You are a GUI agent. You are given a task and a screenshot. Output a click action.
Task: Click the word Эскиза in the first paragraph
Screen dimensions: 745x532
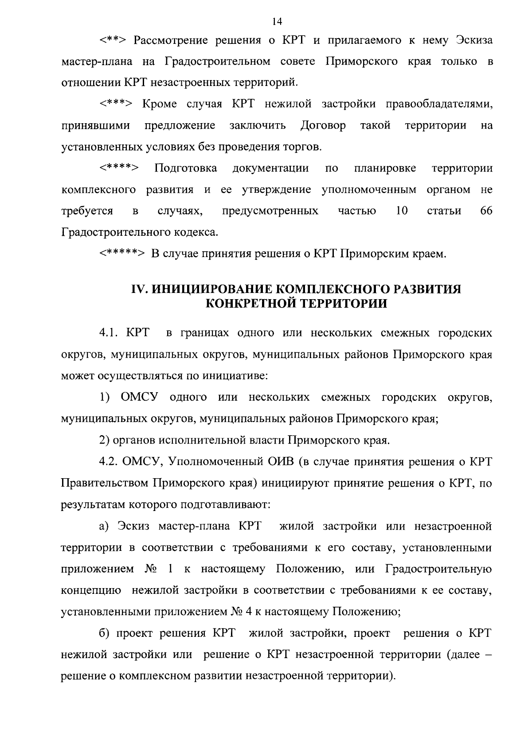tap(474, 40)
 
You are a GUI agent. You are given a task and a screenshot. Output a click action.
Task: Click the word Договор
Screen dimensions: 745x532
tap(323, 125)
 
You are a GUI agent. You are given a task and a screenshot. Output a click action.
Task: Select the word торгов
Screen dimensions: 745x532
tap(303, 147)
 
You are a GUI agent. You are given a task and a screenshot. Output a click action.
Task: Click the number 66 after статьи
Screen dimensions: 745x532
tap(486, 211)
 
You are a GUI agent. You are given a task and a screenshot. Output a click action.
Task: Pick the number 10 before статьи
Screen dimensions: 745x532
tap(402, 211)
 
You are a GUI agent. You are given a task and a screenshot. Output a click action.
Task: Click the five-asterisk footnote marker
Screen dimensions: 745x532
tap(122, 254)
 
